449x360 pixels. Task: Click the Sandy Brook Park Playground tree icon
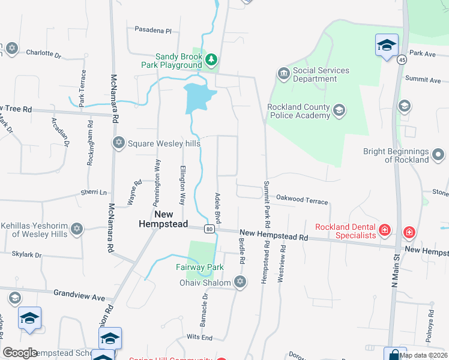point(211,59)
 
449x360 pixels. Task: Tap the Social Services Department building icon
point(283,74)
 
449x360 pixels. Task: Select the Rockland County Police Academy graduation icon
point(339,110)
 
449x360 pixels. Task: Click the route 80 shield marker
point(208,229)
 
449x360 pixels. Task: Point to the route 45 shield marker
point(401,59)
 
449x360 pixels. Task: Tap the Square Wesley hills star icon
point(118,142)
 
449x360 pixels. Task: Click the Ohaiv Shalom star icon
point(240,282)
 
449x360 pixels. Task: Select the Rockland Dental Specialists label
point(346,230)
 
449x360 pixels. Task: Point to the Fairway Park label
point(199,268)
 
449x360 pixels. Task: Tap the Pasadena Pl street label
point(152,29)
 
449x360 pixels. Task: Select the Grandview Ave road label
point(79,297)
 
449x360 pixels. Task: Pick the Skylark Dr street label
point(26,255)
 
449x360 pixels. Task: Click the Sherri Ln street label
point(94,193)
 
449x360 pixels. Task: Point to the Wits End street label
point(199,338)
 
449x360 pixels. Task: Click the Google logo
point(20,353)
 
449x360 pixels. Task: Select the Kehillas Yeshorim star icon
point(76,229)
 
